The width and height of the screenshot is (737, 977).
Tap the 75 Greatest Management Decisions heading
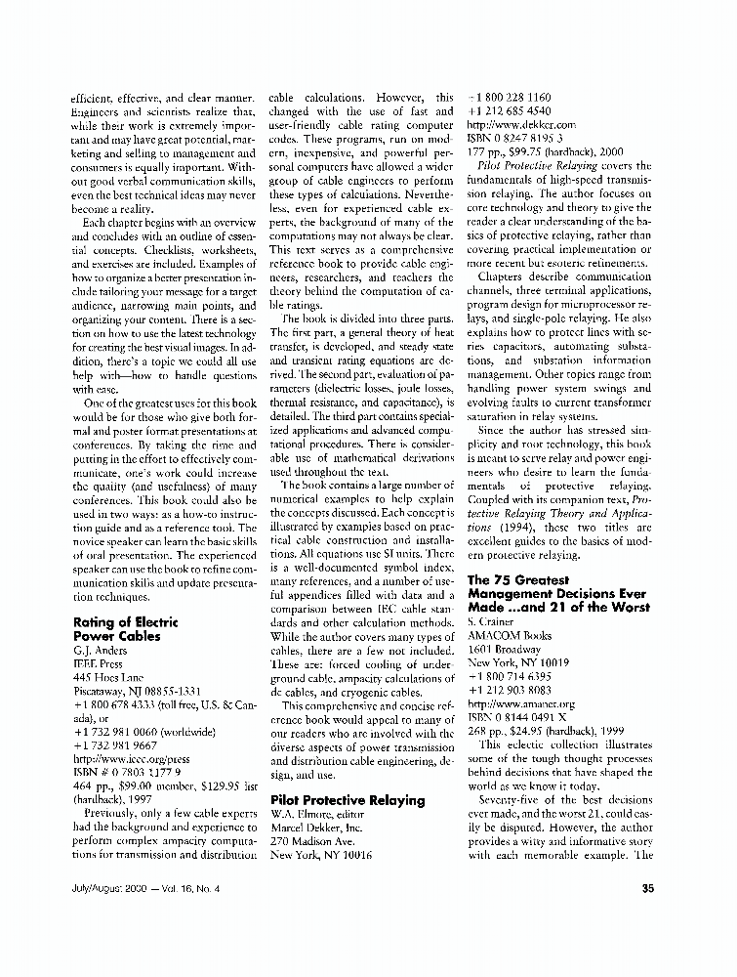point(556,592)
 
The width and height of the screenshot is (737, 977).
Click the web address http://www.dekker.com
point(521,125)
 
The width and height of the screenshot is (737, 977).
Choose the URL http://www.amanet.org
point(521,702)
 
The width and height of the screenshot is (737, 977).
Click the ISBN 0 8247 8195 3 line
point(513,139)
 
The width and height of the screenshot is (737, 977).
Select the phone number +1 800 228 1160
point(511,98)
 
